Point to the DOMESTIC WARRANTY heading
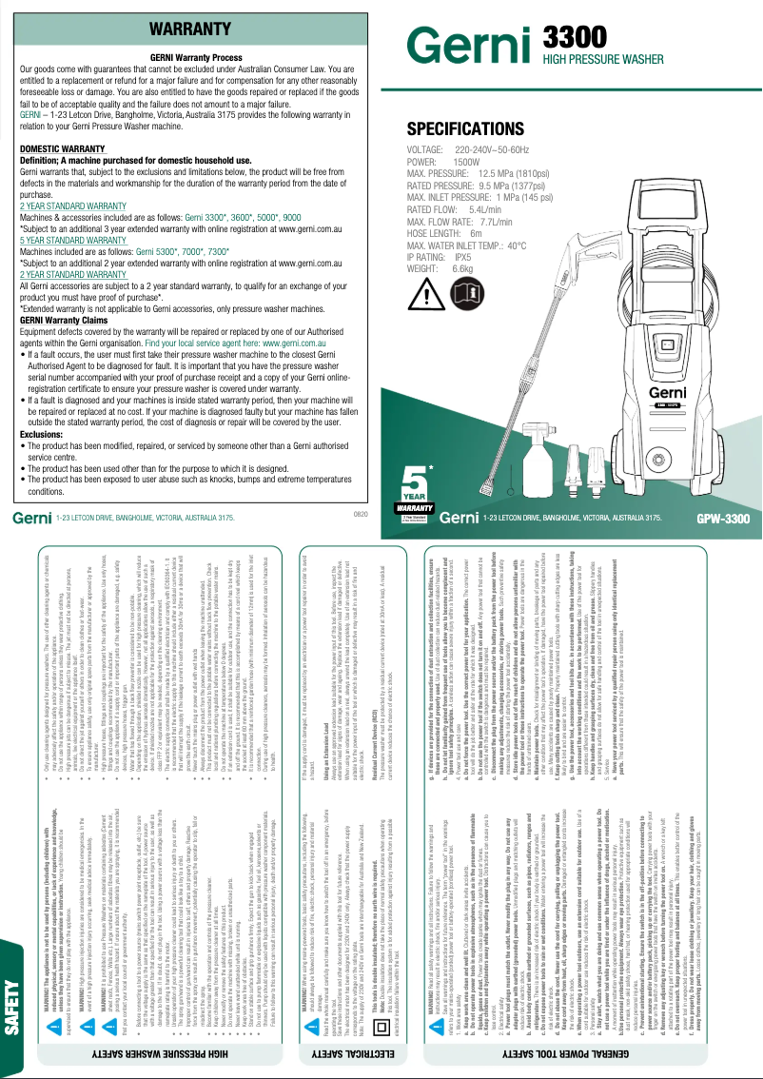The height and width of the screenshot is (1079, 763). click(63, 149)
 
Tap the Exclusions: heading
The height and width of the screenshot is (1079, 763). click(42, 434)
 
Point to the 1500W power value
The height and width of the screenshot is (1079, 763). click(466, 163)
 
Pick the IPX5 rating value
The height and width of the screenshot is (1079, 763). click(463, 257)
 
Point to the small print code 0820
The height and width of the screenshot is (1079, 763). click(361, 514)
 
